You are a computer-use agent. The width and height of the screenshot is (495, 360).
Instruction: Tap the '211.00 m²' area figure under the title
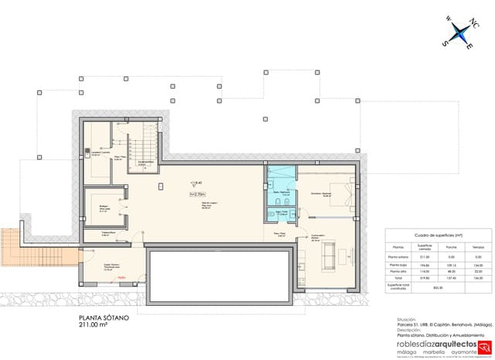pos(95,326)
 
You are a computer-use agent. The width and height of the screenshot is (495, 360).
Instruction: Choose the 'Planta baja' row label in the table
pos(400,264)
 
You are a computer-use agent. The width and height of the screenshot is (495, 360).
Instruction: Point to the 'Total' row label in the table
pos(400,279)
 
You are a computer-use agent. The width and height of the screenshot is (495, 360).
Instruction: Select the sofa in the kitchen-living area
pos(329,252)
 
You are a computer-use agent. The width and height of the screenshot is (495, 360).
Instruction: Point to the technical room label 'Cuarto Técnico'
pos(113,267)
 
